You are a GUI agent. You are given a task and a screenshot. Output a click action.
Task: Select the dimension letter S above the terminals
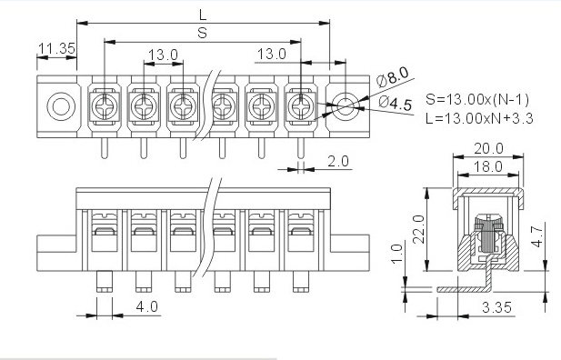pos(201,34)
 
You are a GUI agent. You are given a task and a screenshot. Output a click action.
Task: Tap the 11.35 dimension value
pos(56,48)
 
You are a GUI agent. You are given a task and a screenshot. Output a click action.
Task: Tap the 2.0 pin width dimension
pos(337,161)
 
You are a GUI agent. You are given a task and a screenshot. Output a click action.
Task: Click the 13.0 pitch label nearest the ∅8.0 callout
pos(272,55)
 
